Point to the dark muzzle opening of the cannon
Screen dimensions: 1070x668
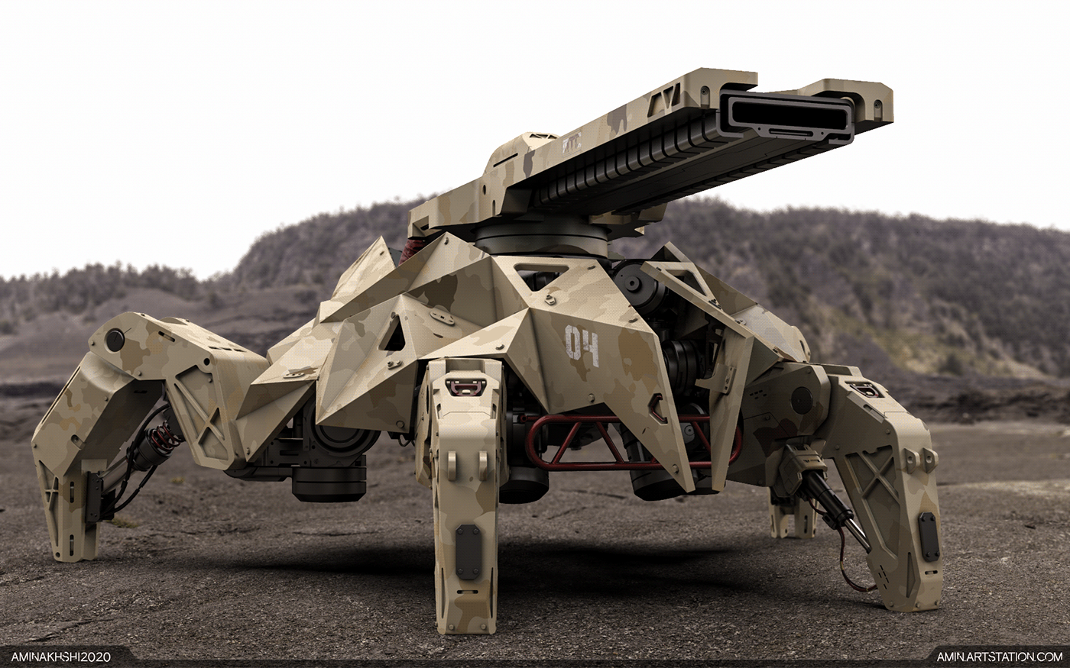[784, 118]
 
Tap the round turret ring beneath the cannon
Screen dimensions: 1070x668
[542, 239]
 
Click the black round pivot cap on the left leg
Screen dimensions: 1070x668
[115, 339]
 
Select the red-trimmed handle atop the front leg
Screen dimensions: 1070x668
[465, 386]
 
